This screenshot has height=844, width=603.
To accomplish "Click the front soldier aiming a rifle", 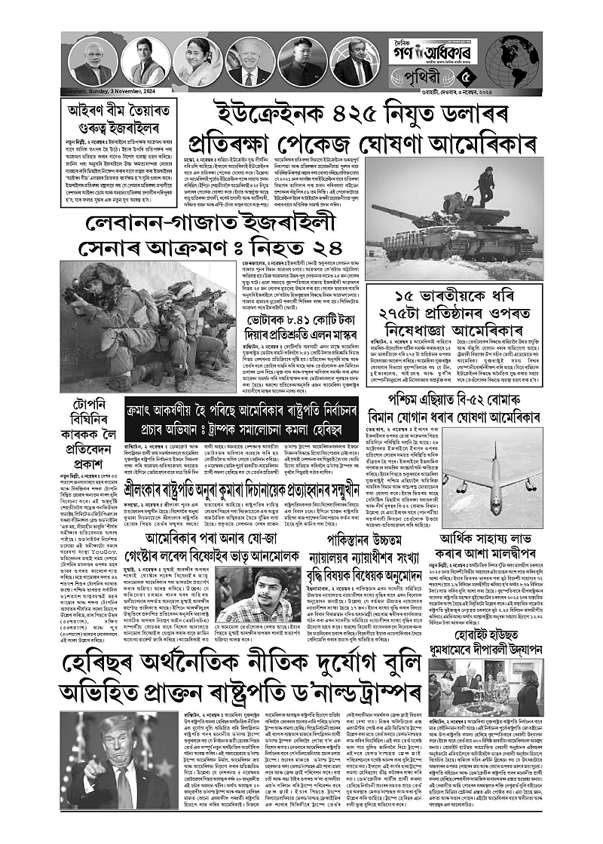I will tap(113, 309).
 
